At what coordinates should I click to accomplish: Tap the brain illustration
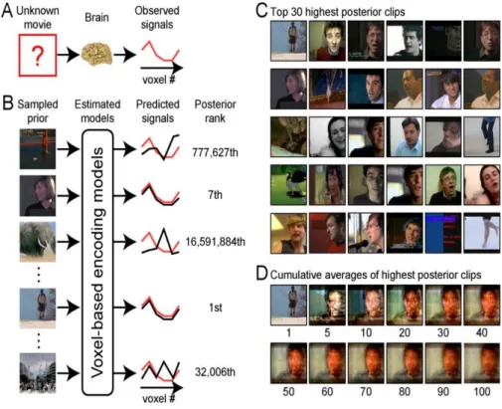[96, 54]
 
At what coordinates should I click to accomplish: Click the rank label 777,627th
[215, 152]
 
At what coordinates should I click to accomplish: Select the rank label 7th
[215, 194]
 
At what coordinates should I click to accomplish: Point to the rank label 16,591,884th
[216, 242]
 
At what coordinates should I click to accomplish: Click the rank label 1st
[216, 307]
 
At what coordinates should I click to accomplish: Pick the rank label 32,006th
[215, 372]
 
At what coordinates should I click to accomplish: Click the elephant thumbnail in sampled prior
[38, 242]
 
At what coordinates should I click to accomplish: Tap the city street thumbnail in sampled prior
[38, 373]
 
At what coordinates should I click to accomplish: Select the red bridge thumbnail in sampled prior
[38, 149]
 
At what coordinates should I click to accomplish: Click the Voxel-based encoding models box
[97, 263]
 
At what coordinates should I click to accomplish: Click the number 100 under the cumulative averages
[482, 391]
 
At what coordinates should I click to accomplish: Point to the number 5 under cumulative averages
[327, 332]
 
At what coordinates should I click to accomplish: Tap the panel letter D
[261, 274]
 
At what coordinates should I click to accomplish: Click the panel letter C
[261, 11]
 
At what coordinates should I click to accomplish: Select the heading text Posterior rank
[215, 111]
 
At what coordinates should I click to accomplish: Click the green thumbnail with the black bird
[288, 185]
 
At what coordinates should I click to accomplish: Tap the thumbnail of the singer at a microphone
[366, 233]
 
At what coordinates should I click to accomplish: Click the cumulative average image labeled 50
[288, 363]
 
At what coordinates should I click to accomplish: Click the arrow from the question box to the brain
[69, 55]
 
